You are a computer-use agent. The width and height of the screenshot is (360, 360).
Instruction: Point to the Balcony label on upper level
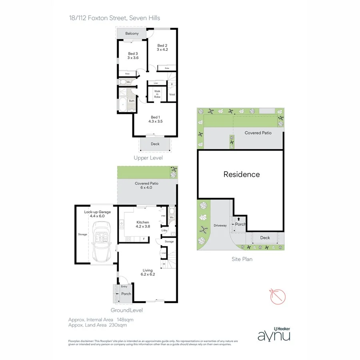click(x=132, y=33)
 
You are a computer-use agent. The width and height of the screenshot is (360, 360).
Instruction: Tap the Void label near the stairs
click(x=172, y=94)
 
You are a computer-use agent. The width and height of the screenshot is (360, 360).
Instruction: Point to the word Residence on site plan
click(x=241, y=174)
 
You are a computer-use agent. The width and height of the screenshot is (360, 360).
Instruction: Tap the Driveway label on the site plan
click(x=220, y=226)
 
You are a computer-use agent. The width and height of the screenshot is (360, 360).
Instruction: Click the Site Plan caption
click(x=242, y=259)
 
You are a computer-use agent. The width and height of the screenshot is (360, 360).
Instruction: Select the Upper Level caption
click(x=148, y=158)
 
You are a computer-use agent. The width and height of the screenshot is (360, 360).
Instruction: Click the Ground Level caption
click(x=126, y=310)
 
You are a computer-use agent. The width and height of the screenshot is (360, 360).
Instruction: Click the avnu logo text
click(x=274, y=334)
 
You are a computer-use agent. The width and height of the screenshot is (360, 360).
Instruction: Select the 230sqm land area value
click(x=118, y=325)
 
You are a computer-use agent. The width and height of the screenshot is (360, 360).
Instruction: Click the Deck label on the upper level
click(x=155, y=144)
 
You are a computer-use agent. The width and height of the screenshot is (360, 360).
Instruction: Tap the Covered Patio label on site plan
click(x=258, y=132)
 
